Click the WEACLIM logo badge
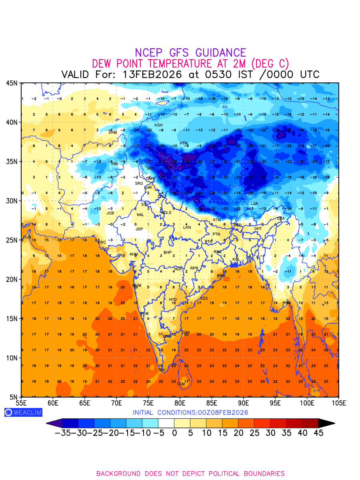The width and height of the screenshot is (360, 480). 23,412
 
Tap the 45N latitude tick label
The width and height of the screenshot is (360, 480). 11,83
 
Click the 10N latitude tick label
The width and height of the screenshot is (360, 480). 11,358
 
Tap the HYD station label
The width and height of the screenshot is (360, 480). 173,300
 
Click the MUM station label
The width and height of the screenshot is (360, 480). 137,286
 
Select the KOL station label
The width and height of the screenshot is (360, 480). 236,260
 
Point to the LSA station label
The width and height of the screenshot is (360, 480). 254,204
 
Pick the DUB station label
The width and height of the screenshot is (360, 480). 27,237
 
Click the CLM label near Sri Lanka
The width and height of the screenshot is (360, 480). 181,384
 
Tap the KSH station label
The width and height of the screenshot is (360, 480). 158,125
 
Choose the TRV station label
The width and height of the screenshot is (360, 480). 162,370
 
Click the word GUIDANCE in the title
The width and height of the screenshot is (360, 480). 220,53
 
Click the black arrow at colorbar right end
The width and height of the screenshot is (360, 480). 326,423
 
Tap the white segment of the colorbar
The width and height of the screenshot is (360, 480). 166,423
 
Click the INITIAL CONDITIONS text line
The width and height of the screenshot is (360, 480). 190,412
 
